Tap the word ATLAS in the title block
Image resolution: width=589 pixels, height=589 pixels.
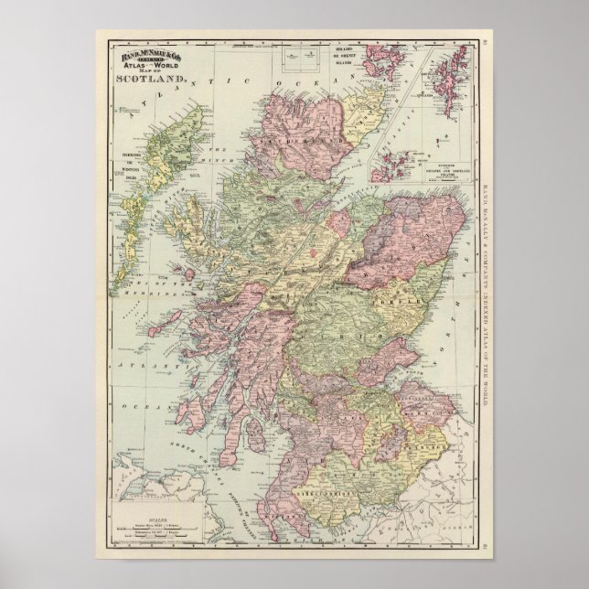click(130, 70)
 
